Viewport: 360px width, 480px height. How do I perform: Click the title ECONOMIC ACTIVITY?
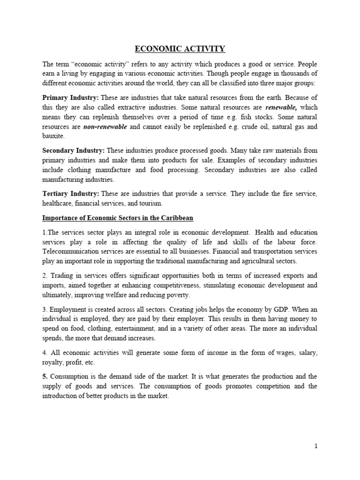[x=180, y=48]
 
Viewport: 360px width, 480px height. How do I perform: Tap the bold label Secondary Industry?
[x=74, y=150]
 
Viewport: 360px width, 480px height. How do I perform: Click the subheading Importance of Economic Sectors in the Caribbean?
[x=118, y=218]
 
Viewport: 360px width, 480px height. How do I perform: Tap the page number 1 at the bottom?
[x=316, y=447]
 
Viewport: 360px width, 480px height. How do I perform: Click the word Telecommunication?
[x=69, y=252]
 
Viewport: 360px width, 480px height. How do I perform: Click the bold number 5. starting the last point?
[x=45, y=376]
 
